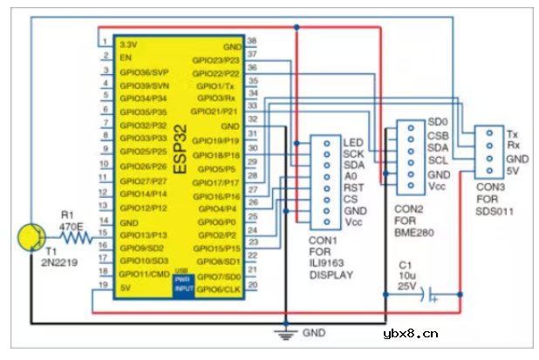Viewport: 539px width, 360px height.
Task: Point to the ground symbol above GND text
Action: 283,329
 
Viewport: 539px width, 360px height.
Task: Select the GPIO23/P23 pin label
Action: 219,60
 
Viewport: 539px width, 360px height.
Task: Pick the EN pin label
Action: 125,57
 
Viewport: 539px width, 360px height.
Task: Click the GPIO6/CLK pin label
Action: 219,288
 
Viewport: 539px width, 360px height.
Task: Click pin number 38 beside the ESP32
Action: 252,41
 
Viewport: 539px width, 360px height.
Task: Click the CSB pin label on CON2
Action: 437,135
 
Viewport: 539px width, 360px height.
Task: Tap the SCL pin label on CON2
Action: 437,161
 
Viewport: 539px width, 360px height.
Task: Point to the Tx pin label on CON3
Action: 513,133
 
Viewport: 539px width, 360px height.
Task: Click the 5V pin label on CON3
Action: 513,172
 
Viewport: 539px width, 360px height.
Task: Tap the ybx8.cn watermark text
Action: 411,333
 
